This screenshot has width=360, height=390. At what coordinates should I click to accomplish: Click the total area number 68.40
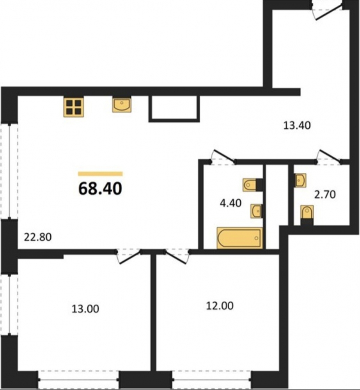(100, 188)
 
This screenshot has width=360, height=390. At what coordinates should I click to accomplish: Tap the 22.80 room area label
(38, 237)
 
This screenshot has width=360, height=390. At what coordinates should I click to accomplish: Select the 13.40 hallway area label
(297, 125)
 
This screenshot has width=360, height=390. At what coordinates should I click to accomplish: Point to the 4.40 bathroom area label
(231, 203)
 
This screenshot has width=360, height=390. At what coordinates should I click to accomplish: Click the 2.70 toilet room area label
(325, 195)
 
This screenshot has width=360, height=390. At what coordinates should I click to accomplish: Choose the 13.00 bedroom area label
(85, 308)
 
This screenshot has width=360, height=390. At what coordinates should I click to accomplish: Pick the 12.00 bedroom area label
(220, 306)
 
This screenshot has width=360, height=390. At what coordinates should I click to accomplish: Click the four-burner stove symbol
(73, 107)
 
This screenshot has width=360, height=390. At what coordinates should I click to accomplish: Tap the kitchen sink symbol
(122, 105)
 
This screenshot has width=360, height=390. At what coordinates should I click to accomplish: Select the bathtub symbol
(240, 238)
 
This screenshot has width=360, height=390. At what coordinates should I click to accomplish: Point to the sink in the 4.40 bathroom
(256, 211)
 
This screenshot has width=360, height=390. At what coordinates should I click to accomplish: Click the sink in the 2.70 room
(301, 180)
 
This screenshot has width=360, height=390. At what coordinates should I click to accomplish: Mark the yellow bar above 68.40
(100, 174)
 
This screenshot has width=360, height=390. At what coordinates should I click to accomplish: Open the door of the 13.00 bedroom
(129, 257)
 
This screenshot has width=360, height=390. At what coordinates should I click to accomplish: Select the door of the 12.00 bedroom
(177, 257)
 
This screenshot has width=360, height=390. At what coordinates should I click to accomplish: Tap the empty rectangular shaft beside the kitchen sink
(174, 109)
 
